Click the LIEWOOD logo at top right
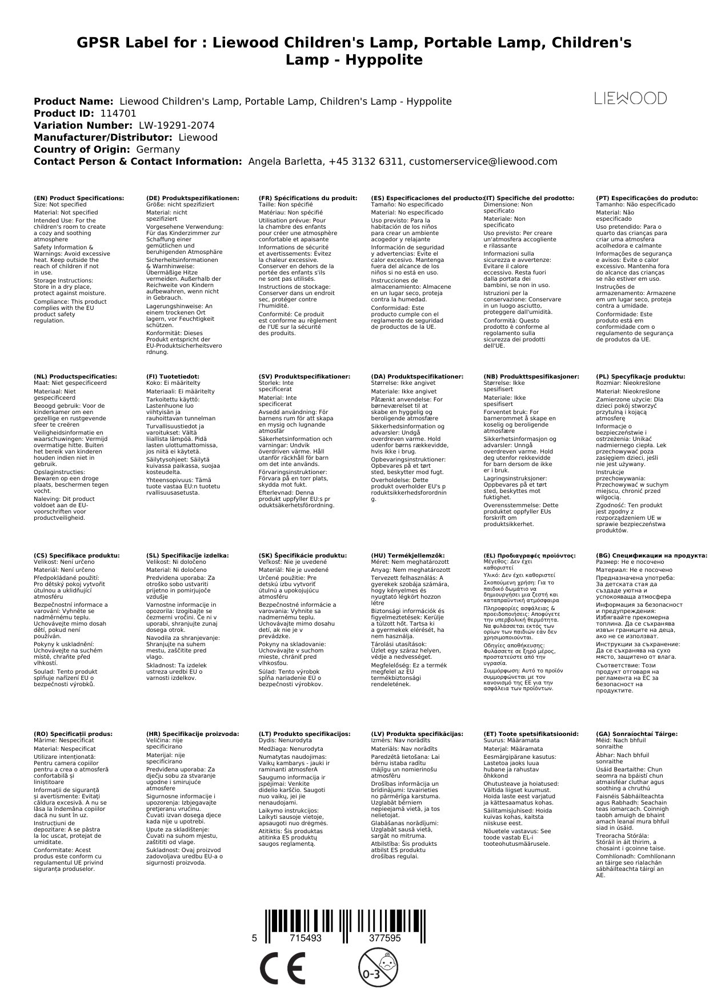click(x=630, y=98)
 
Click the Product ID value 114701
click(x=118, y=113)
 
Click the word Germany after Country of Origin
click(x=158, y=149)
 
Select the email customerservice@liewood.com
click(x=483, y=161)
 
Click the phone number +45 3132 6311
click(x=366, y=161)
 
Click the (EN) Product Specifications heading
click(x=79, y=198)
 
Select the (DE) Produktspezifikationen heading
click(x=193, y=198)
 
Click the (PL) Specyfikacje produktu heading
click(x=640, y=376)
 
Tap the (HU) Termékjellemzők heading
click(x=407, y=555)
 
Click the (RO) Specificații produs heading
click(x=73, y=734)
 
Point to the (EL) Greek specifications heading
click(x=529, y=555)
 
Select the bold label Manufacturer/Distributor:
click(x=103, y=137)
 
